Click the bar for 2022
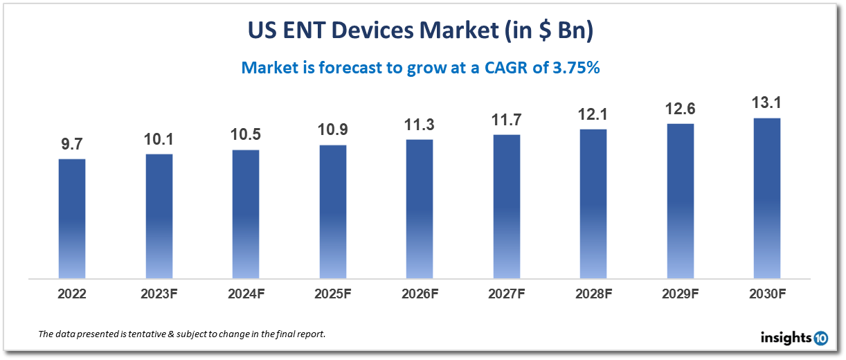click(x=72, y=218)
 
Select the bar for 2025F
click(x=333, y=211)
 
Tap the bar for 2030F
click(x=767, y=198)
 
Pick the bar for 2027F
click(x=507, y=206)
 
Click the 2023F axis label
click(x=159, y=294)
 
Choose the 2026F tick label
click(x=420, y=294)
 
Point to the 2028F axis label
click(x=593, y=294)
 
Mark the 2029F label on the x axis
click(x=681, y=294)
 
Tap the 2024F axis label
click(x=246, y=294)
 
